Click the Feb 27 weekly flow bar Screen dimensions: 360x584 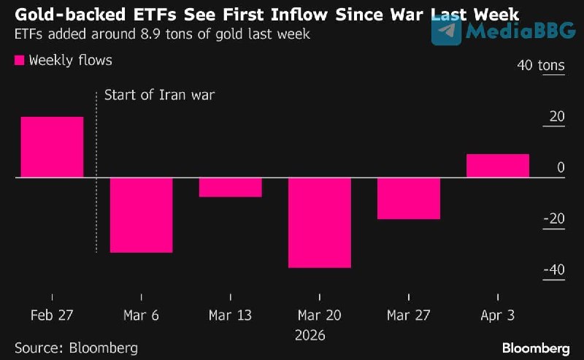pyautogui.click(x=52, y=147)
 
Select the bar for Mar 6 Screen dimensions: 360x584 pyautogui.click(x=141, y=215)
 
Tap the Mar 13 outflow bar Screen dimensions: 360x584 pyautogui.click(x=230, y=187)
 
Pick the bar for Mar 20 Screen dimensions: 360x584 pyautogui.click(x=320, y=222)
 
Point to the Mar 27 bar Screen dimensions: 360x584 pyautogui.click(x=409, y=198)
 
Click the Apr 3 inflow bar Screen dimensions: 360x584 pyautogui.click(x=498, y=166)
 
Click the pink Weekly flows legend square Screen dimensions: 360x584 pyautogui.click(x=20, y=61)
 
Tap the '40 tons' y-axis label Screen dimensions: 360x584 pyautogui.click(x=541, y=66)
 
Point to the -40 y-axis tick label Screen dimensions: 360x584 pyautogui.click(x=553, y=270)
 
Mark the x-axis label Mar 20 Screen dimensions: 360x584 pyautogui.click(x=320, y=315)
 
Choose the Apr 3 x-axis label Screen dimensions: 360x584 pyautogui.click(x=498, y=315)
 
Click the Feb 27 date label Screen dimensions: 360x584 pyautogui.click(x=52, y=315)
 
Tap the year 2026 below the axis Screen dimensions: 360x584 pyautogui.click(x=310, y=335)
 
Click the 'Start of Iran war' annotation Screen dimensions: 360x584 pyautogui.click(x=160, y=95)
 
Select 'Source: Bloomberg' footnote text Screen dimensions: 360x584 pyautogui.click(x=76, y=348)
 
